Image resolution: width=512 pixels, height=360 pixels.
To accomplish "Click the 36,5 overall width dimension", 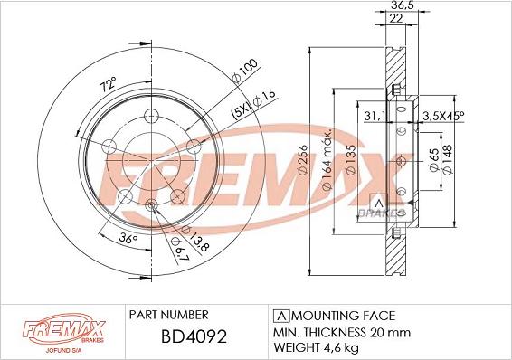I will [x=396, y=6].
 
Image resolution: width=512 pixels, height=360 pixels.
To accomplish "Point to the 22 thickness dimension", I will [x=394, y=20].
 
